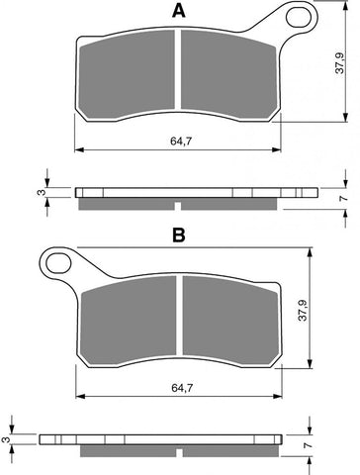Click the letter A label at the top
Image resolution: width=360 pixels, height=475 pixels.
179,11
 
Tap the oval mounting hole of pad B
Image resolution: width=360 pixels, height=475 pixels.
57,263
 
